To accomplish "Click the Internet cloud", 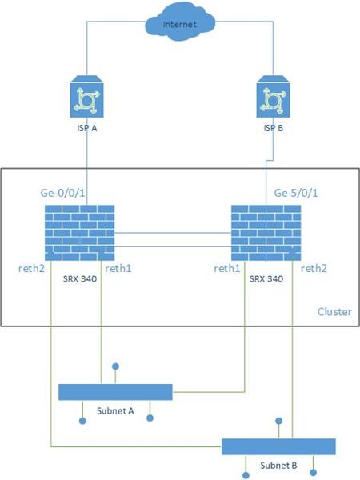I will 180,25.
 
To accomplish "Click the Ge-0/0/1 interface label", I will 62,193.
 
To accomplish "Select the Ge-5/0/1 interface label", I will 296,193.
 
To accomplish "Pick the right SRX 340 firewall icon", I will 267,230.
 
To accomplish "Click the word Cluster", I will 334,312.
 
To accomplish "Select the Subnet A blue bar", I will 116,391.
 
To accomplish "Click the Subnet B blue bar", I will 278,446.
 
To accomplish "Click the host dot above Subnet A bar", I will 117,366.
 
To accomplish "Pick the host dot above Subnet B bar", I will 278,420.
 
